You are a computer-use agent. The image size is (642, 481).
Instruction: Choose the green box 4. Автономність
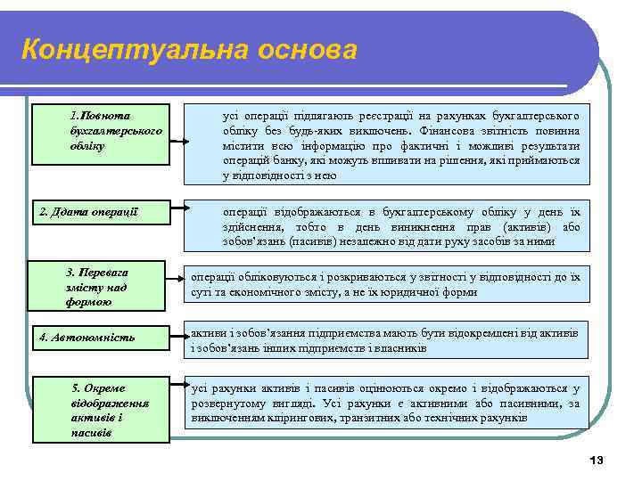pos(101,338)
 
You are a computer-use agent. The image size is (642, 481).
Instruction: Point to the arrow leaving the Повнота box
pos(182,112)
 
